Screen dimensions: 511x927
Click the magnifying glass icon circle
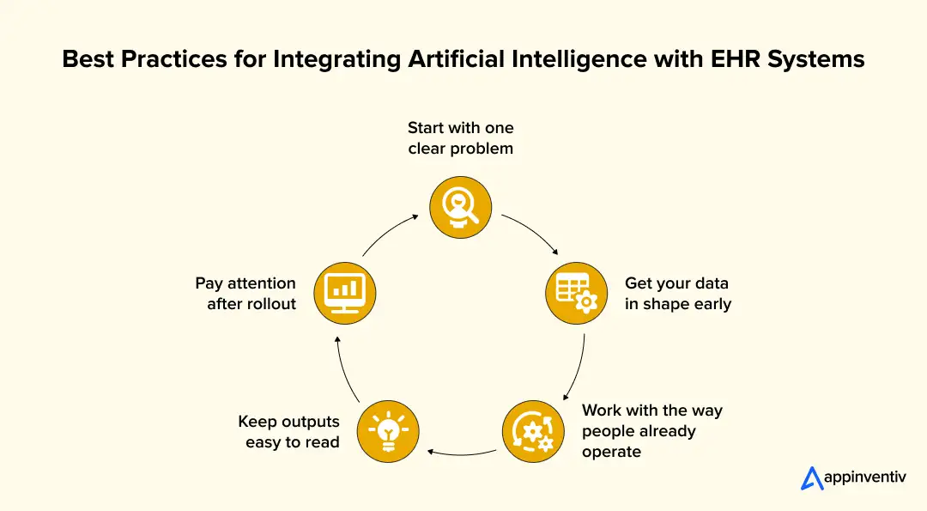pyautogui.click(x=461, y=207)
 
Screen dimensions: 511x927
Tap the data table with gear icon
pyautogui.click(x=577, y=293)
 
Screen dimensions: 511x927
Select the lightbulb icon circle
pyautogui.click(x=388, y=432)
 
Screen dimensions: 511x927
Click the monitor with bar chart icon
pyautogui.click(x=345, y=293)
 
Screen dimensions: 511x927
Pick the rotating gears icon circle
pyautogui.click(x=533, y=432)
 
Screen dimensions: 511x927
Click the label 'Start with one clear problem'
pyautogui.click(x=461, y=137)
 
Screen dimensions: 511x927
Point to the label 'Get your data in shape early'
pyautogui.click(x=678, y=294)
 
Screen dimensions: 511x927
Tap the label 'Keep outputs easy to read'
pyautogui.click(x=288, y=432)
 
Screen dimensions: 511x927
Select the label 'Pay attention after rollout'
pyautogui.click(x=245, y=293)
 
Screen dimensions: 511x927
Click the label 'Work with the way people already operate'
pyautogui.click(x=652, y=431)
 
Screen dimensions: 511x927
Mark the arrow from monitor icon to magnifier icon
pyautogui.click(x=388, y=232)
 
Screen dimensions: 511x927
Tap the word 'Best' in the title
pyautogui.click(x=88, y=59)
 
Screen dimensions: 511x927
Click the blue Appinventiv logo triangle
pyautogui.click(x=812, y=478)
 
